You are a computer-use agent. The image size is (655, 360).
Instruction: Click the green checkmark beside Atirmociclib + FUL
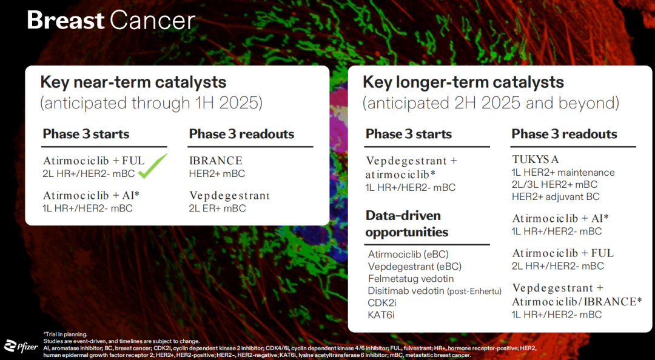(x=152, y=166)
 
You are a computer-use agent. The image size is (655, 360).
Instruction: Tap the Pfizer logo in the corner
(x=21, y=346)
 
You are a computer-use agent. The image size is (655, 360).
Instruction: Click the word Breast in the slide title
(x=65, y=20)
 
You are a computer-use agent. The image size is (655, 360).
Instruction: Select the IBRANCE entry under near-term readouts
(x=215, y=161)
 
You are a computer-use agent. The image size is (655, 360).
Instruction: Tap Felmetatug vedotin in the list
(x=411, y=279)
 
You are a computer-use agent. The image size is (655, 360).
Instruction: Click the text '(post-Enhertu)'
(x=474, y=291)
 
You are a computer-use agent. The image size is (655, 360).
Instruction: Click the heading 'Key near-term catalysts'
(x=133, y=82)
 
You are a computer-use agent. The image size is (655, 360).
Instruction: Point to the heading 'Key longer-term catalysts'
(x=463, y=82)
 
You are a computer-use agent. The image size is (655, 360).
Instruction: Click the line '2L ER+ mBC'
(x=217, y=208)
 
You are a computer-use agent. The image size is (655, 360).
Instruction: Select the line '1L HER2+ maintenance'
(x=563, y=172)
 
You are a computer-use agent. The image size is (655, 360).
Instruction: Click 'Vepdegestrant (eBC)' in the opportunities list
(x=415, y=267)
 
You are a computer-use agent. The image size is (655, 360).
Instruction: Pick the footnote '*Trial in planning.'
(x=65, y=334)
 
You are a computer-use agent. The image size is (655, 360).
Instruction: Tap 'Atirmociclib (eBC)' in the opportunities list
(x=408, y=255)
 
